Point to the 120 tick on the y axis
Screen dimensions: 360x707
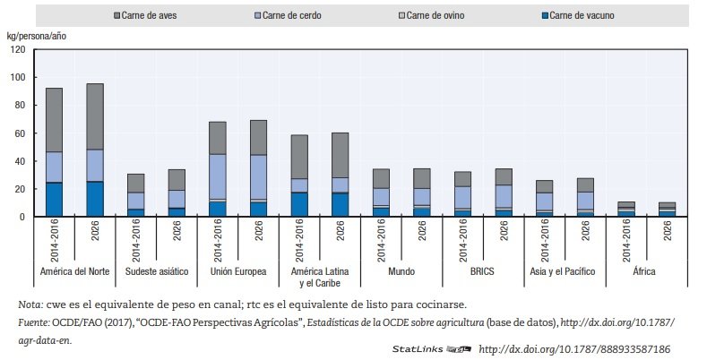pyautogui.click(x=17, y=49)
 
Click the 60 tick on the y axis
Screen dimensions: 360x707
pyautogui.click(x=19, y=133)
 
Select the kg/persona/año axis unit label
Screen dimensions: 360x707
pyautogui.click(x=36, y=35)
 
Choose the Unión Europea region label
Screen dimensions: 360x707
pyautogui.click(x=237, y=272)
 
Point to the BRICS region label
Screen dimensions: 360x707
pyautogui.click(x=482, y=272)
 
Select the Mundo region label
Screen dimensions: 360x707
pyautogui.click(x=401, y=272)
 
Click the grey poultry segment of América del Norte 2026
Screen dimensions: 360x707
pyautogui.click(x=94, y=116)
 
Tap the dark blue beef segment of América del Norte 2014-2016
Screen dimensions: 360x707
pyautogui.click(x=54, y=199)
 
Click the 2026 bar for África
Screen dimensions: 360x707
pyautogui.click(x=667, y=210)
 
